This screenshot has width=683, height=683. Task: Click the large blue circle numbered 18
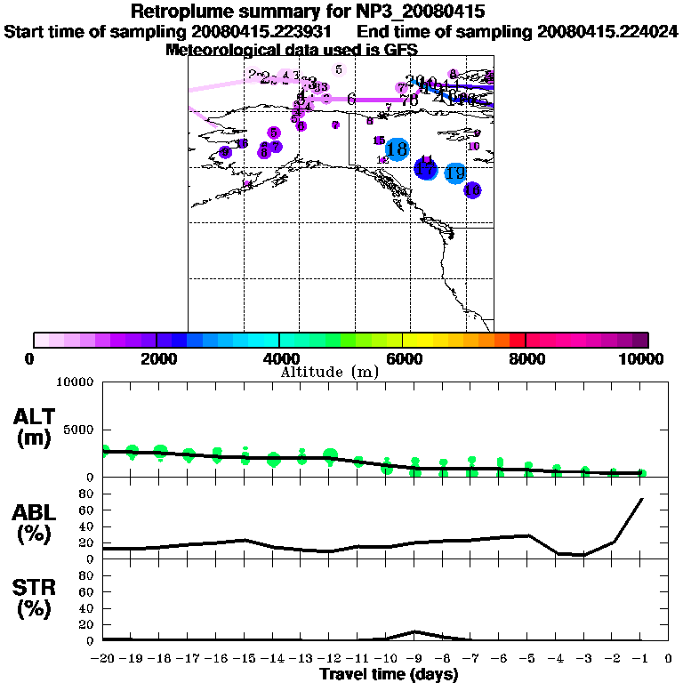pyautogui.click(x=397, y=149)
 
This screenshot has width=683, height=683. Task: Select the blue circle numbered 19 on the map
pyautogui.click(x=455, y=173)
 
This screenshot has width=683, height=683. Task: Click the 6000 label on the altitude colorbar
pyautogui.click(x=403, y=358)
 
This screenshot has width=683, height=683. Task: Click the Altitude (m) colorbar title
pyautogui.click(x=328, y=372)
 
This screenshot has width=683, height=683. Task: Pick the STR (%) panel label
pyautogui.click(x=35, y=599)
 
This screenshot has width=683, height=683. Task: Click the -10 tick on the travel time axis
pyautogui.click(x=388, y=658)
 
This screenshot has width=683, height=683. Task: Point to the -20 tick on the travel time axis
pyautogui.click(x=105, y=658)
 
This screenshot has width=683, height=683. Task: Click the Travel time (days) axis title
pyautogui.click(x=389, y=675)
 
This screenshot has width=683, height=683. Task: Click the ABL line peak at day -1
pyautogui.click(x=642, y=499)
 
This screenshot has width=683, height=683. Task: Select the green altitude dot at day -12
pyautogui.click(x=331, y=456)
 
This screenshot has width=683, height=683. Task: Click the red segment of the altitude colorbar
pyautogui.click(x=517, y=340)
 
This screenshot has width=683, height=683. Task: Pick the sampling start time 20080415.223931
pyautogui.click(x=269, y=31)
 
